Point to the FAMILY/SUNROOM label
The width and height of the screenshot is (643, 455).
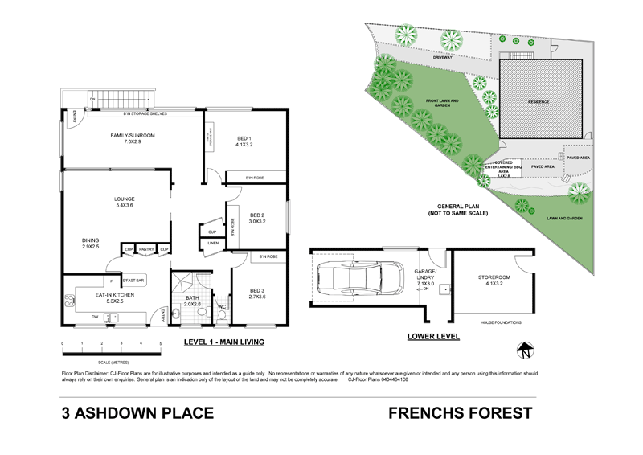(x=133, y=137)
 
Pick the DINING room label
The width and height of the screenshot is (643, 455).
(x=89, y=241)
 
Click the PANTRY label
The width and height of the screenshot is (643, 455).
(x=146, y=250)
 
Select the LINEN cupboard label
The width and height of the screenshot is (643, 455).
(x=213, y=244)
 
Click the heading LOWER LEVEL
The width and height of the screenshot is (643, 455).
(x=433, y=337)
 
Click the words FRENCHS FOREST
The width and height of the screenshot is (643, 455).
(x=460, y=414)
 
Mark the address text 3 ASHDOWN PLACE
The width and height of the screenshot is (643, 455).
(x=137, y=414)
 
